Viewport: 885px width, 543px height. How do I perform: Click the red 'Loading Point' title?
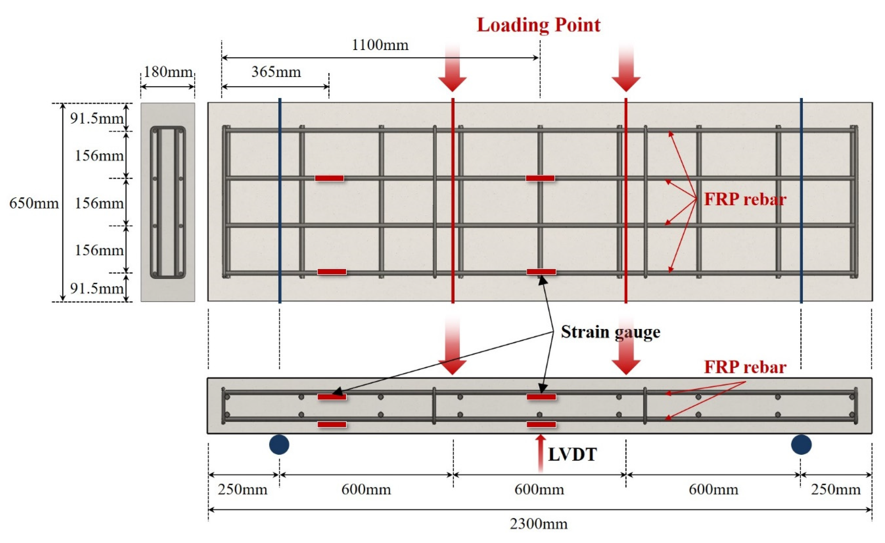538,25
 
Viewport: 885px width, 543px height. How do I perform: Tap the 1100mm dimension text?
380,45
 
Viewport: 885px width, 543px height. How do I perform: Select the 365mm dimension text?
276,72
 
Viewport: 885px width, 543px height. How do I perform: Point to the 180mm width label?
168,72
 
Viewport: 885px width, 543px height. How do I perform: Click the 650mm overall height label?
34,204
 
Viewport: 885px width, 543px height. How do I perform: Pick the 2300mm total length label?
539,524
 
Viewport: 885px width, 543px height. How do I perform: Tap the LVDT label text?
572,455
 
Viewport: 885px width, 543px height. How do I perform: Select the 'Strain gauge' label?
611,332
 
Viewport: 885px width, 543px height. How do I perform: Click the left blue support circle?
279,445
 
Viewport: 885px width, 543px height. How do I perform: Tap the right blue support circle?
801,445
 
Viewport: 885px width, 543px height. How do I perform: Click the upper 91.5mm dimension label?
96,118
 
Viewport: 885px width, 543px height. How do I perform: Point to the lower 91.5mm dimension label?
96,288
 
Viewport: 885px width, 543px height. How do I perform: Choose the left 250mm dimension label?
242,490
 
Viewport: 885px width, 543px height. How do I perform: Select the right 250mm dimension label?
836,490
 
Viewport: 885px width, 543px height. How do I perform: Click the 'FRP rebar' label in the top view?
745,199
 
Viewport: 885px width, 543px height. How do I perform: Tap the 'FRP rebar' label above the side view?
745,367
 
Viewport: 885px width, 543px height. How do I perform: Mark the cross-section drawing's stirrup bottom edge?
168,276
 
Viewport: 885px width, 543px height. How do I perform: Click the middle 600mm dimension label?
539,490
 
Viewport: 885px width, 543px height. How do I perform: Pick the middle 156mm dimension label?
99,204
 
